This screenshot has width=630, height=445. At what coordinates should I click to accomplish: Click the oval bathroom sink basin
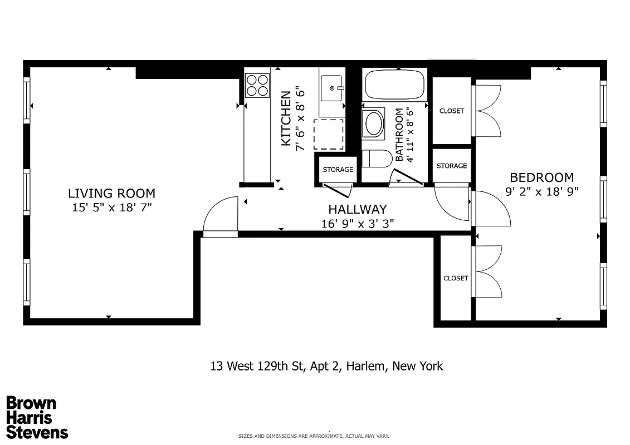pos(373,123)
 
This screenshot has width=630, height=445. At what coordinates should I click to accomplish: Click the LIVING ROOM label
pos(111,194)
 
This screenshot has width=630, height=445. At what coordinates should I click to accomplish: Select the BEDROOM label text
pos(541,177)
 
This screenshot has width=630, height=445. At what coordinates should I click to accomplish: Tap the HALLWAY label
pos(357,210)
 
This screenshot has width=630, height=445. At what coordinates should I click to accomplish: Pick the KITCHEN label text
pos(286,118)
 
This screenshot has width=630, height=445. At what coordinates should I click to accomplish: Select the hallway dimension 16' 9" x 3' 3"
pos(357,224)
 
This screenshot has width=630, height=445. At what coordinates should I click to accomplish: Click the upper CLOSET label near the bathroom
pos(451,111)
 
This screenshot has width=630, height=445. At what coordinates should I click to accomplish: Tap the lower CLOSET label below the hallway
pos(456,278)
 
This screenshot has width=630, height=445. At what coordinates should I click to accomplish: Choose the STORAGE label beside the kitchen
pos(338,170)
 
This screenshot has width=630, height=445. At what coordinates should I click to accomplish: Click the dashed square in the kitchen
pos(329,133)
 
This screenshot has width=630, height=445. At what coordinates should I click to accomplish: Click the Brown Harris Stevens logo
pos(37,418)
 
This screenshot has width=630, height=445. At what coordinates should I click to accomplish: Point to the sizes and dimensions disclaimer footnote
pos(314,437)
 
